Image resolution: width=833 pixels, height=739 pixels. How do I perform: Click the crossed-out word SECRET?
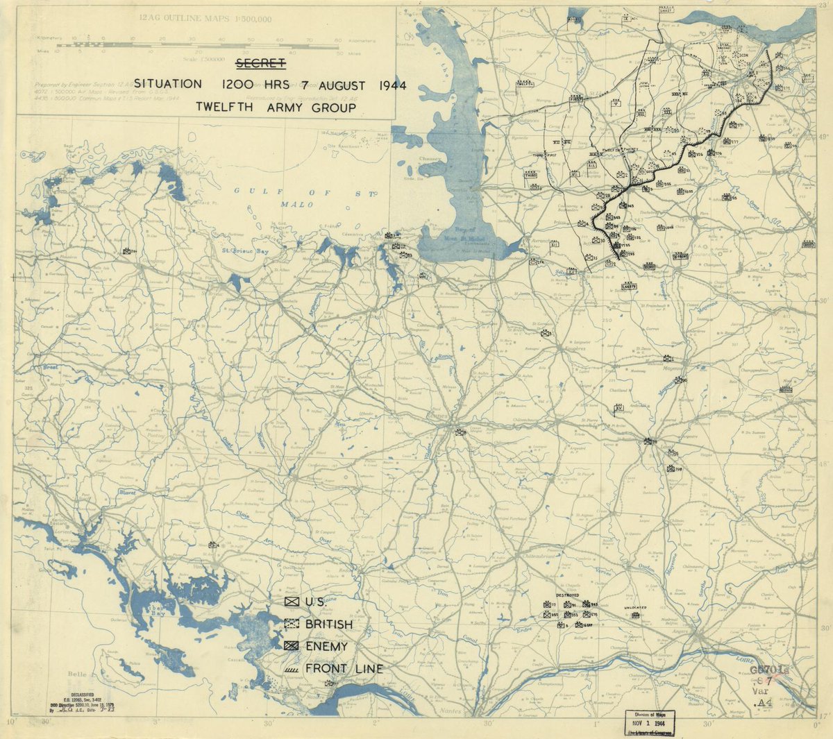tap(260, 64)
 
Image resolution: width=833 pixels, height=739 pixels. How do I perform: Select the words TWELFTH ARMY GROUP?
tap(275, 107)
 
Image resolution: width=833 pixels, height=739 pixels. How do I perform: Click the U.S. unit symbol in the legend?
tap(292, 602)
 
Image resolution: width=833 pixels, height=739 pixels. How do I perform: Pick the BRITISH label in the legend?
tap(328, 625)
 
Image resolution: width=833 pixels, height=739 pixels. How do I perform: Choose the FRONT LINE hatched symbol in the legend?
tap(292, 669)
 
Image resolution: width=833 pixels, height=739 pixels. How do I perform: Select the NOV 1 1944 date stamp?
tap(651, 721)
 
